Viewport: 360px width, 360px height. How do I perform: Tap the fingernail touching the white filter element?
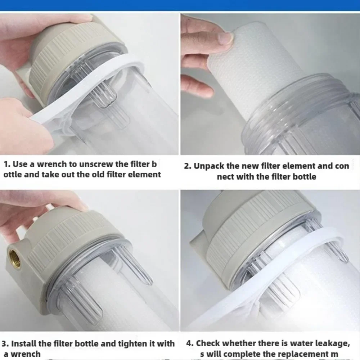point(226,38)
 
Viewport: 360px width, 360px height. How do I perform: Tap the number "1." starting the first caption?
point(7,164)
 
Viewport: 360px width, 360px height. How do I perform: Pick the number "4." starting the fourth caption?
point(190,343)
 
